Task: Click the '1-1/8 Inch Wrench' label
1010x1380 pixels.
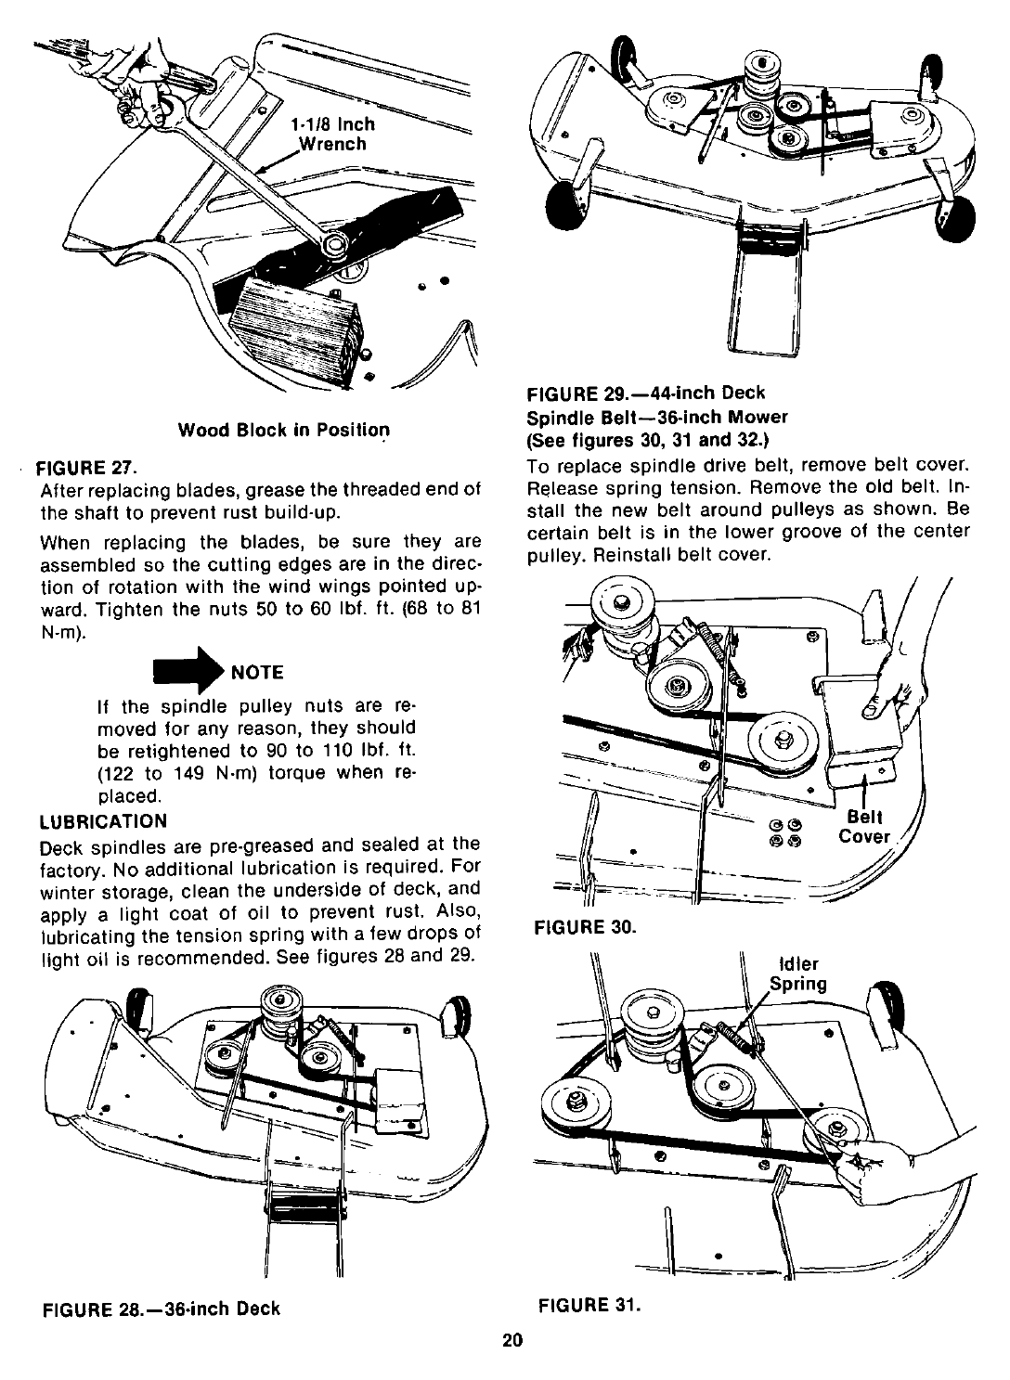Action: (x=332, y=134)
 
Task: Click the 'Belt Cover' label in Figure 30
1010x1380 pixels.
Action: (x=863, y=827)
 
